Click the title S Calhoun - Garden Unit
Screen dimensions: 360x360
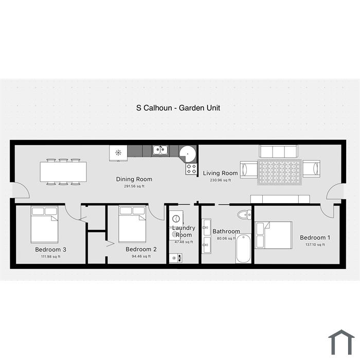[x=178, y=108]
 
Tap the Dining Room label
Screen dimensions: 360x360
[x=134, y=179]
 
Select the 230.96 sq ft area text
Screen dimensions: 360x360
[x=221, y=180]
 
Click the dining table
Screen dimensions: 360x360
[x=63, y=172]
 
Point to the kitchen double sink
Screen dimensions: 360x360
[x=160, y=150]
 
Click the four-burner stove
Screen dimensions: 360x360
[x=191, y=169]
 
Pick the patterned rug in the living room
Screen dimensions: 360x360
[x=279, y=172]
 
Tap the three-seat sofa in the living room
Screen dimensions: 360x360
[x=279, y=151]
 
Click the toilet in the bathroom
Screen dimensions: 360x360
[x=244, y=215]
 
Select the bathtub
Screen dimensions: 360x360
[x=243, y=248]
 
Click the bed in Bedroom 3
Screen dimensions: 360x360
[x=45, y=224]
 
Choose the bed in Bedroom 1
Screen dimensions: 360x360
[x=274, y=235]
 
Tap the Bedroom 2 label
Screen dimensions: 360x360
[x=141, y=249]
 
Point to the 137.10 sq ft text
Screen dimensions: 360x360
[x=315, y=245]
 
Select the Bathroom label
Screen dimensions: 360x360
[x=226, y=231]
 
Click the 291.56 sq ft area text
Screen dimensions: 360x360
[x=134, y=186]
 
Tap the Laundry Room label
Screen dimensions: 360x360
[x=184, y=231]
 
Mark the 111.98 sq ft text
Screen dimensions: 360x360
[x=51, y=257]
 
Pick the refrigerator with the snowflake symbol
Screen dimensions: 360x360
[x=118, y=153]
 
